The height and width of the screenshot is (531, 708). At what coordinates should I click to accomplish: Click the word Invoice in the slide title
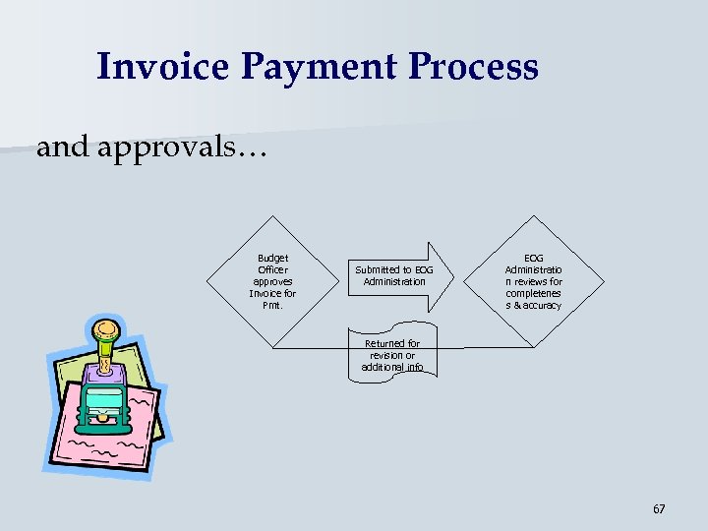[x=162, y=67]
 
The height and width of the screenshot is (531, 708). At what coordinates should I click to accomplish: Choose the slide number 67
[x=659, y=509]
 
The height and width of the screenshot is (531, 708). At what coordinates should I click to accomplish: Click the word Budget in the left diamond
[x=272, y=258]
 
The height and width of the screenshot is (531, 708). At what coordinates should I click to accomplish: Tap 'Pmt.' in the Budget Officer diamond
[x=272, y=305]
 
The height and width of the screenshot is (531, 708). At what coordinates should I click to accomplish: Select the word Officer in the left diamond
[x=272, y=269]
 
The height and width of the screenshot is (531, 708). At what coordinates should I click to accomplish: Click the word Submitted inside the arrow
[x=376, y=269]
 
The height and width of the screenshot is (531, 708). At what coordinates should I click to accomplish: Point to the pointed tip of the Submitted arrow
[x=455, y=275]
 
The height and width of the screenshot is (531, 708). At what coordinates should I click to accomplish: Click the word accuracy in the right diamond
[x=542, y=306]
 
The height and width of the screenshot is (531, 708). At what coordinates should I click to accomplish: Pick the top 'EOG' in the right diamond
[x=534, y=258]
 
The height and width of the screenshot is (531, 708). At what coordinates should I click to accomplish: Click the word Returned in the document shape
[x=383, y=344]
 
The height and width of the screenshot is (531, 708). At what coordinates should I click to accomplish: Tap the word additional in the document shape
[x=382, y=367]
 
